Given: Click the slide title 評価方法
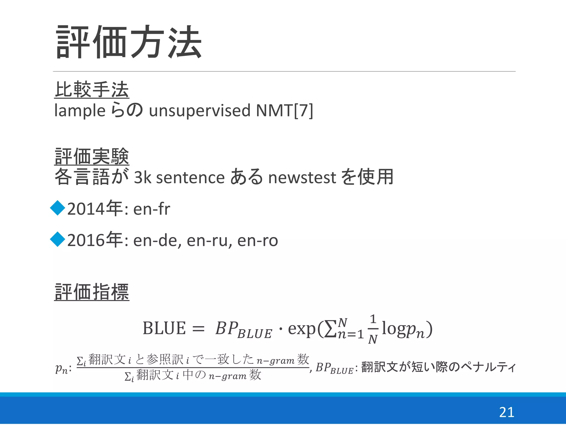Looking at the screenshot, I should [129, 42].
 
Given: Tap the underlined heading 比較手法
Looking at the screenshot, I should [92, 90].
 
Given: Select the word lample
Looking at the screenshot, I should [80, 111].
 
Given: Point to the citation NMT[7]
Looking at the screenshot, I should [284, 111].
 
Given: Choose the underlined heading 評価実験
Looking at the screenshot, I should [92, 156].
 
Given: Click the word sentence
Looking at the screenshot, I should [190, 177].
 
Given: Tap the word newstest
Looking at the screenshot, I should [302, 177].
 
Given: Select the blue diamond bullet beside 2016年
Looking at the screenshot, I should [58, 239].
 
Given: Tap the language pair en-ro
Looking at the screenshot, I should [258, 240].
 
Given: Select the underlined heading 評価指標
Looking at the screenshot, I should [92, 292].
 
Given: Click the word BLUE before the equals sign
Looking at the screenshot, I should [164, 328].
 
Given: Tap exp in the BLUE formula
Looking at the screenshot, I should [302, 329].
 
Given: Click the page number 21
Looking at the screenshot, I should [507, 412].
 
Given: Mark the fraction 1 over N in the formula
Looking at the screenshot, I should [373, 329].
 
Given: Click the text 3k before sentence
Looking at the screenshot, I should [143, 177].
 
